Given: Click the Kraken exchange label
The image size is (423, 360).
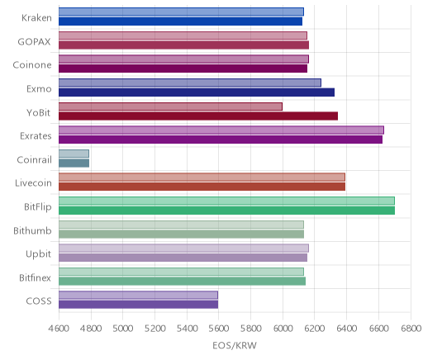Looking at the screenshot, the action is point(36,18).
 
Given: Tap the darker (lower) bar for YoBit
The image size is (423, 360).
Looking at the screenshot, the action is point(198,116).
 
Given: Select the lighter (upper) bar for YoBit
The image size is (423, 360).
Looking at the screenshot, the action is point(170,107).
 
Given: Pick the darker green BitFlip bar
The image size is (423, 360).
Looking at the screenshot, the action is point(226,211).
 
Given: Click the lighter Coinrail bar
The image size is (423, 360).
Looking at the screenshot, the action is point(74,154).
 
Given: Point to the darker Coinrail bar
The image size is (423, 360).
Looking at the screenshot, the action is point(74,163).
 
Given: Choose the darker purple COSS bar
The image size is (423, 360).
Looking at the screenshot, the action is point(138,305).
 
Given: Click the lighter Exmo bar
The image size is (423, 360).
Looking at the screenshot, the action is point(190,83).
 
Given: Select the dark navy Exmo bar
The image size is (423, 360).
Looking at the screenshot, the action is point(197,92).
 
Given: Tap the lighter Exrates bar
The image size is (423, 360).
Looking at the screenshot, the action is point(221,130).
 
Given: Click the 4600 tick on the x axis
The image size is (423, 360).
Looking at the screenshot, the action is point(59,329).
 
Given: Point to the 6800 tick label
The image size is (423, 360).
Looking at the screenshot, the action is point(411,329).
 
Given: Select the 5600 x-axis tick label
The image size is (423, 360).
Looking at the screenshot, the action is point(219,329).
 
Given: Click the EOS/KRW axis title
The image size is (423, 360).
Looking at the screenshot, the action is point(235,345).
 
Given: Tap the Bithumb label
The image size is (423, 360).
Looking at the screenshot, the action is point(32,230).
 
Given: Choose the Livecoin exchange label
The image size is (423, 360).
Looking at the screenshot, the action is point(33,183).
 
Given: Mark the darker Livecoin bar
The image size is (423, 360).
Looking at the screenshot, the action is point(202,187).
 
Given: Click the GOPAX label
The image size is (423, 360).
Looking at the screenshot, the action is point(34,42).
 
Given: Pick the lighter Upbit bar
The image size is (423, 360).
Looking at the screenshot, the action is point(183,248).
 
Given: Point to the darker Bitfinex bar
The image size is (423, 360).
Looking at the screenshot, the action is point(182,282).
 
